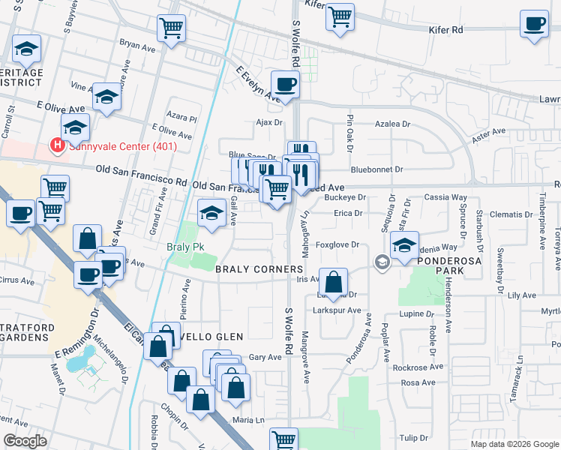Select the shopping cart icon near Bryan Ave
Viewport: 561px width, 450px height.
(172, 28)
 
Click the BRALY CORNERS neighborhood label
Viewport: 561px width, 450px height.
(259, 268)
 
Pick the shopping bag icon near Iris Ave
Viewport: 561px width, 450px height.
(334, 283)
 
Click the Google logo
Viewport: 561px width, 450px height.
(25, 441)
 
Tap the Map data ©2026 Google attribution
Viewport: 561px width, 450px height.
(514, 444)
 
